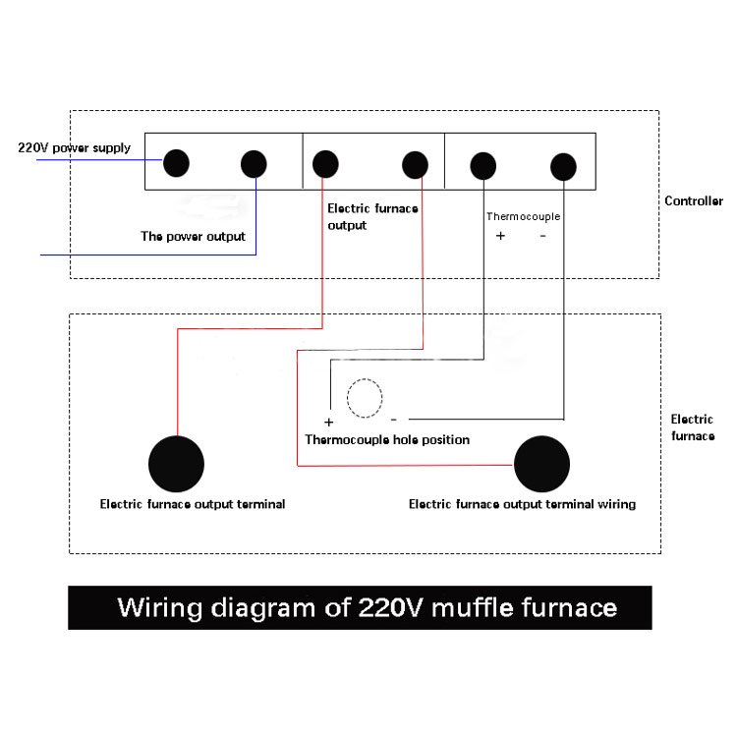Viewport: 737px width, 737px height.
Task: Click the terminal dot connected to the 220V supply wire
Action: [176, 163]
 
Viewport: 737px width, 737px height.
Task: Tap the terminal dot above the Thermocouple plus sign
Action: [483, 166]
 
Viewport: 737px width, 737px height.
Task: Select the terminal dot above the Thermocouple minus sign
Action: [563, 167]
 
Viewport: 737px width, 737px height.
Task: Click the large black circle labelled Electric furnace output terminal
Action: [176, 464]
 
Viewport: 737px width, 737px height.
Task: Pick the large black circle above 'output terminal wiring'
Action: [541, 464]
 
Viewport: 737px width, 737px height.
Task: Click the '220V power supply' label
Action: [75, 148]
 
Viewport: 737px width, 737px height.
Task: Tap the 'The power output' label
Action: [194, 237]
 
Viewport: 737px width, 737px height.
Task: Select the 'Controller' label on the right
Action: [694, 201]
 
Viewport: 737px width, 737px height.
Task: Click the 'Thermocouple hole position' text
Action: [387, 440]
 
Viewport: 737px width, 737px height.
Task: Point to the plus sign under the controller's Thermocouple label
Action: [500, 236]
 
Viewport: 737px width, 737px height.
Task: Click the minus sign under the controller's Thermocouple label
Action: [542, 236]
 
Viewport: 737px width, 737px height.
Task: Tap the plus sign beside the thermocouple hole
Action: [329, 423]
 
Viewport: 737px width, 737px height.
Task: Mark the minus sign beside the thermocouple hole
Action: [394, 420]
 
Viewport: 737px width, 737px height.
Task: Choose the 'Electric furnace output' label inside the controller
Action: [372, 217]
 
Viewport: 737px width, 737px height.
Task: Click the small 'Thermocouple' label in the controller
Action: [523, 217]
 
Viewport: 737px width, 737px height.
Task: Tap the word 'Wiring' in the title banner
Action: [159, 608]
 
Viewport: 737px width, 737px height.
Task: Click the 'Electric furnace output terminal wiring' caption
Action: [522, 504]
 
